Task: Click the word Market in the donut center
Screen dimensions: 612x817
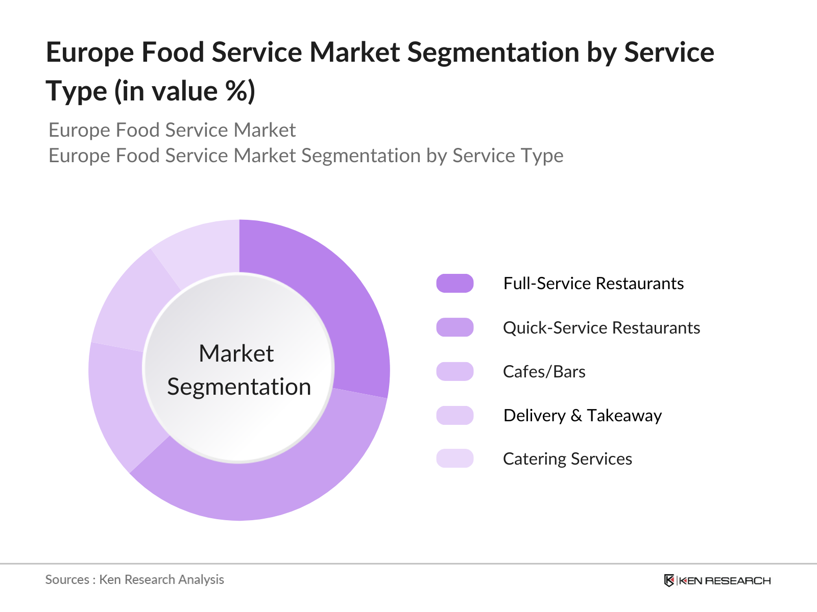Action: pyautogui.click(x=236, y=353)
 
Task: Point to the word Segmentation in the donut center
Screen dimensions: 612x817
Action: pyautogui.click(x=239, y=387)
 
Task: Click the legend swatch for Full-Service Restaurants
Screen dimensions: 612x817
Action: pyautogui.click(x=454, y=283)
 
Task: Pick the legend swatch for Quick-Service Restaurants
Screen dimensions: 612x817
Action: pyautogui.click(x=454, y=327)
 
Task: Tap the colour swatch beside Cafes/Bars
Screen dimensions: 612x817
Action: pyautogui.click(x=454, y=371)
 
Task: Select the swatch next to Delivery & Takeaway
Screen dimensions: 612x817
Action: pyautogui.click(x=454, y=415)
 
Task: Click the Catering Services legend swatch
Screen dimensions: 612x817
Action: pyautogui.click(x=454, y=458)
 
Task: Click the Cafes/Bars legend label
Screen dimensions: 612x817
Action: pyautogui.click(x=544, y=371)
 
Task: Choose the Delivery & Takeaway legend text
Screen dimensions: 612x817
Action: pyautogui.click(x=582, y=415)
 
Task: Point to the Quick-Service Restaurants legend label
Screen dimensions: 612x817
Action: pyautogui.click(x=601, y=327)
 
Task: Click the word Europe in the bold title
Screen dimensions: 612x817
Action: pyautogui.click(x=89, y=53)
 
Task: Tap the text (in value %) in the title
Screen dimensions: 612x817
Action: pyautogui.click(x=185, y=92)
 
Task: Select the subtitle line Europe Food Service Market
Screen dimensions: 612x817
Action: pyautogui.click(x=172, y=130)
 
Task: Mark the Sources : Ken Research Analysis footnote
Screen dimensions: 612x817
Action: pyautogui.click(x=135, y=579)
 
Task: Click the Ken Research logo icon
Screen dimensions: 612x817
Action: pyautogui.click(x=669, y=580)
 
